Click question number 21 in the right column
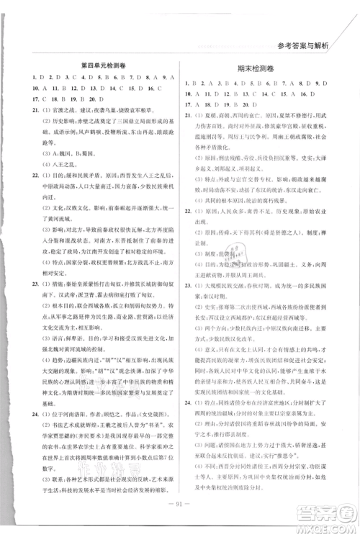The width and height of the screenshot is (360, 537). click(189, 114)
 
